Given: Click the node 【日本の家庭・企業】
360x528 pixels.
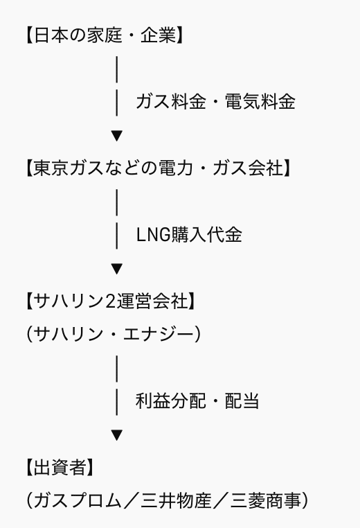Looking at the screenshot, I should (104, 35).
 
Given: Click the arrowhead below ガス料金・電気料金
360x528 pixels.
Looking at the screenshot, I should (116, 134).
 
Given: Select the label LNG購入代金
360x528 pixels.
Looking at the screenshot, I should (188, 234).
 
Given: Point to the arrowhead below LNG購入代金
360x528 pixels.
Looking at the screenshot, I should (116, 267).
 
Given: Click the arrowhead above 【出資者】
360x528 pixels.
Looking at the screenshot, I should (116, 434).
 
